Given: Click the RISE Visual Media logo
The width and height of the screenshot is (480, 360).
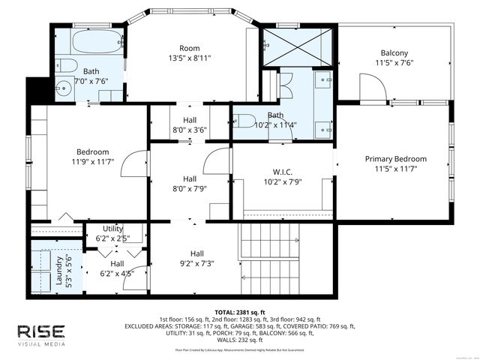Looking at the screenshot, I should [x=41, y=335].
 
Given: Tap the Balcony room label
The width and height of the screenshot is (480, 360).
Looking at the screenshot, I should [x=394, y=52].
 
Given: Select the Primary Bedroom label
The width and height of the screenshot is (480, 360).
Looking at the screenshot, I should [x=395, y=159].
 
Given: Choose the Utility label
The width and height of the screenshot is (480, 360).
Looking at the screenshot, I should [x=113, y=229].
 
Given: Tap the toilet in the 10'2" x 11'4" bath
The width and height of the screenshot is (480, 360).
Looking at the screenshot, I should [x=244, y=121].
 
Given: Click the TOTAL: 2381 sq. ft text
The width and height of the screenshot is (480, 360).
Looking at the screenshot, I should [x=239, y=312].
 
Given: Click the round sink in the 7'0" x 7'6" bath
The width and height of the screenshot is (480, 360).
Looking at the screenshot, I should [x=65, y=87].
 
